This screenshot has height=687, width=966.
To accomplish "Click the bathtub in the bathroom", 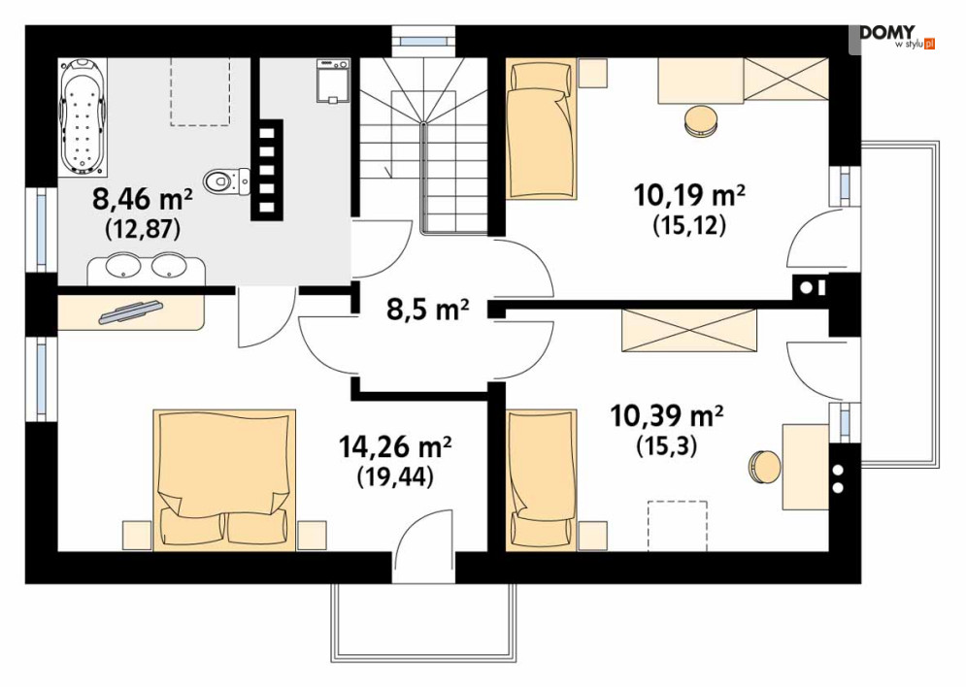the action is (x=83, y=117).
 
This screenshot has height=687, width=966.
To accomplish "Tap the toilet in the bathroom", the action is (x=226, y=181).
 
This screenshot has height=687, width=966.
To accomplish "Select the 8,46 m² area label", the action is (x=143, y=199).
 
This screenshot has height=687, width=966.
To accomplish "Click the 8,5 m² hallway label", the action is (x=427, y=309).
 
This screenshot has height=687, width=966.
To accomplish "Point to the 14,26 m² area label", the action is (x=395, y=447).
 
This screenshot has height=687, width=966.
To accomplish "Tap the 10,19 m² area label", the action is (x=689, y=196).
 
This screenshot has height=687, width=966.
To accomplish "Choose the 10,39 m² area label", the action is (x=667, y=415).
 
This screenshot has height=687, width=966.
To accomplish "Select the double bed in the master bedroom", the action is (x=224, y=479).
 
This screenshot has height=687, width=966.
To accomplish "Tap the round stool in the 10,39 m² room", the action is (x=765, y=467).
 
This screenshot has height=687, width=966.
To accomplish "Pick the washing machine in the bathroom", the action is (x=333, y=80).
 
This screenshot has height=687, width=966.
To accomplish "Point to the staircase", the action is (x=424, y=146).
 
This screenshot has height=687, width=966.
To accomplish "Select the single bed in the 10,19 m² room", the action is (x=542, y=129).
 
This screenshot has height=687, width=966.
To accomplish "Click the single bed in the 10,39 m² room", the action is (x=542, y=479).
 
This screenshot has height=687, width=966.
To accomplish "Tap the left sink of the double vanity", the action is (x=119, y=267).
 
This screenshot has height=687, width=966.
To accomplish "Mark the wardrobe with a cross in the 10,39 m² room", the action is (x=689, y=331).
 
